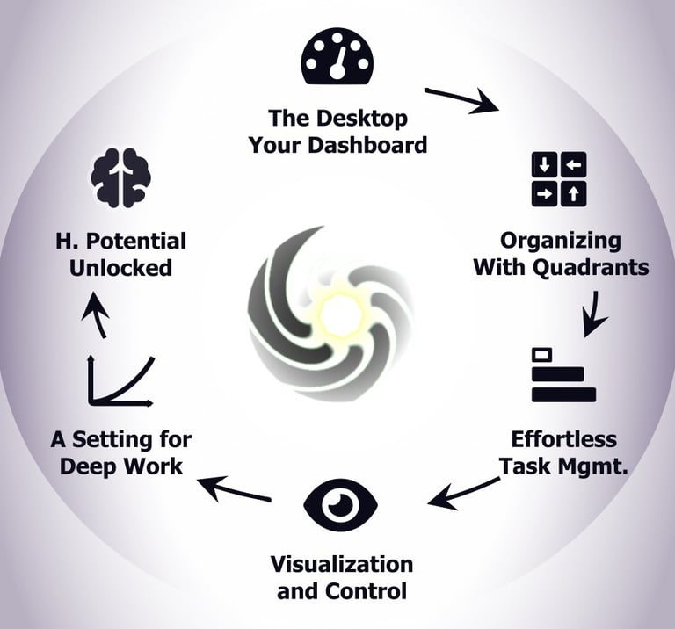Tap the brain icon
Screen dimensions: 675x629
[121, 177]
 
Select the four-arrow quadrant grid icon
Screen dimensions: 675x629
[559, 179]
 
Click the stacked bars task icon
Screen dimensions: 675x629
[563, 376]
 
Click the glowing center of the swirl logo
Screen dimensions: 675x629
[334, 309]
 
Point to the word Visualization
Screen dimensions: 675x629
[341, 563]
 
